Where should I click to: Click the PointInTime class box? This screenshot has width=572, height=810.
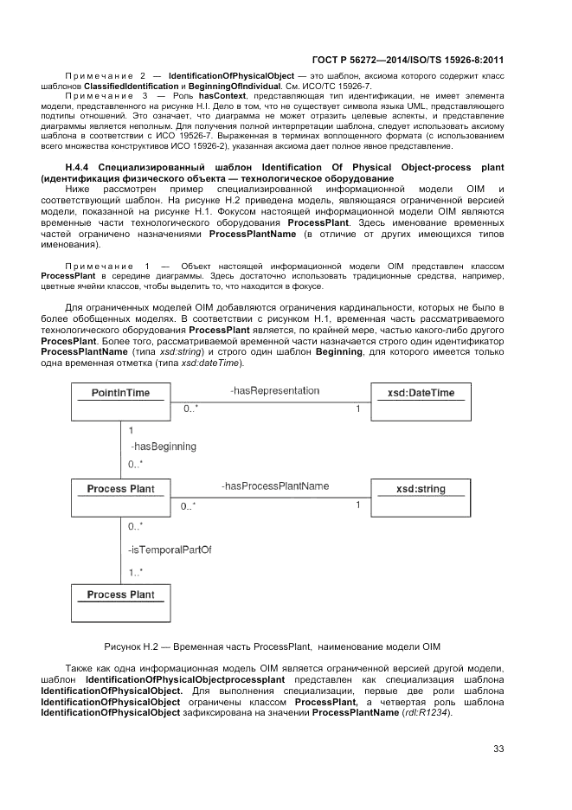click(120, 402)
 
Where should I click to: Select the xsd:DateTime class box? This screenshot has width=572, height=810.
click(420, 402)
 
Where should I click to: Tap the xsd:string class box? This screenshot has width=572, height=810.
click(420, 498)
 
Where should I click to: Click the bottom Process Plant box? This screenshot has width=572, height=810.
click(120, 603)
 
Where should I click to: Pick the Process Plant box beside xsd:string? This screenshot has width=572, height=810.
click(120, 498)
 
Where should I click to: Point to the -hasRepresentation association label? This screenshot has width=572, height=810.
click(274, 391)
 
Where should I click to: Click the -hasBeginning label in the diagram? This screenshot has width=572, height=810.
click(163, 447)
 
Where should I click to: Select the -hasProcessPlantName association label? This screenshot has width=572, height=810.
click(274, 486)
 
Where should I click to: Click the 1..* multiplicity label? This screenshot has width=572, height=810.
click(136, 572)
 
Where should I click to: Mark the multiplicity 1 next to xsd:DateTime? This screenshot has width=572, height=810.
click(358, 408)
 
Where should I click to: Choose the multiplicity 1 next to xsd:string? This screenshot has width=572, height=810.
click(358, 505)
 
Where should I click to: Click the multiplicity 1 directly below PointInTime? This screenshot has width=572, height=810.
click(131, 429)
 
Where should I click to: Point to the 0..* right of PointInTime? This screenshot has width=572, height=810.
click(188, 408)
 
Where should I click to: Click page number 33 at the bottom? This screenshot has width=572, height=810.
click(498, 749)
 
